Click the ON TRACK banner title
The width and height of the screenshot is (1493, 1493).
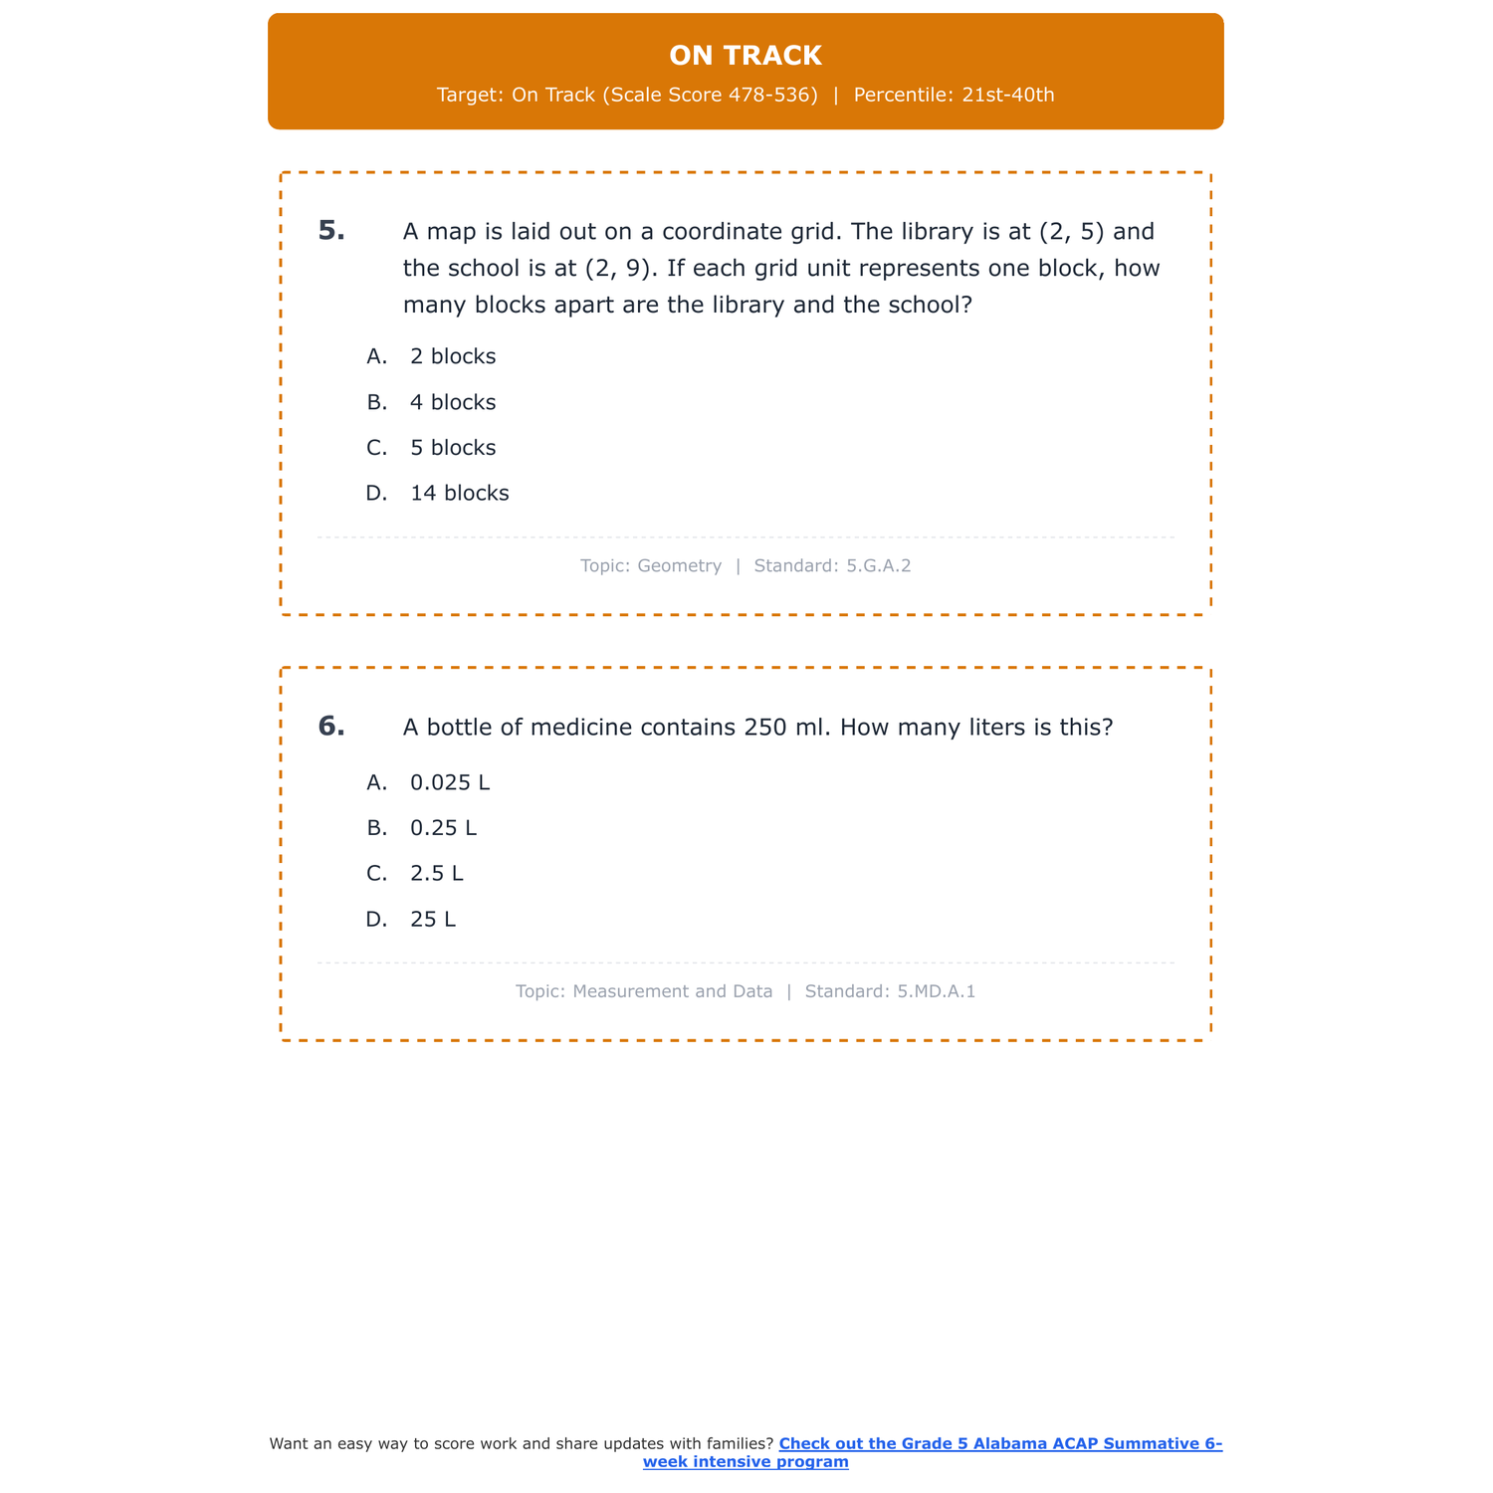(746, 56)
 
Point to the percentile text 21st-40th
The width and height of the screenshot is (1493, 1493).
(1007, 96)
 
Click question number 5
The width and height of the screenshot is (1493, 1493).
(331, 231)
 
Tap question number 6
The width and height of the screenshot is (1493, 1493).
(331, 727)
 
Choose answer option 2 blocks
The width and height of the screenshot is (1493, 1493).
(452, 356)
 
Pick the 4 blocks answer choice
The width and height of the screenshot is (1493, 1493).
(452, 402)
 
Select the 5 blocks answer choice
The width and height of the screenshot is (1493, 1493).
(452, 448)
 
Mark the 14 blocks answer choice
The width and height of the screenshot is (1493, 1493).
(459, 494)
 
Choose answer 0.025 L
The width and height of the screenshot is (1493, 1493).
(450, 782)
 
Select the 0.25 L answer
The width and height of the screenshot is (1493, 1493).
(443, 828)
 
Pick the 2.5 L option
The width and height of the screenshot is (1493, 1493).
(436, 874)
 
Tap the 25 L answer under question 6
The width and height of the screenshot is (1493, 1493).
(432, 920)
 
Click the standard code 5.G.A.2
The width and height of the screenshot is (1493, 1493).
(878, 566)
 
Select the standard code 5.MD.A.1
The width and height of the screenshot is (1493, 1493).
(936, 991)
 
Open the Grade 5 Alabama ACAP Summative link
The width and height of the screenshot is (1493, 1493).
(999, 1444)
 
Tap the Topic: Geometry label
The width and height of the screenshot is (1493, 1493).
(650, 566)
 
